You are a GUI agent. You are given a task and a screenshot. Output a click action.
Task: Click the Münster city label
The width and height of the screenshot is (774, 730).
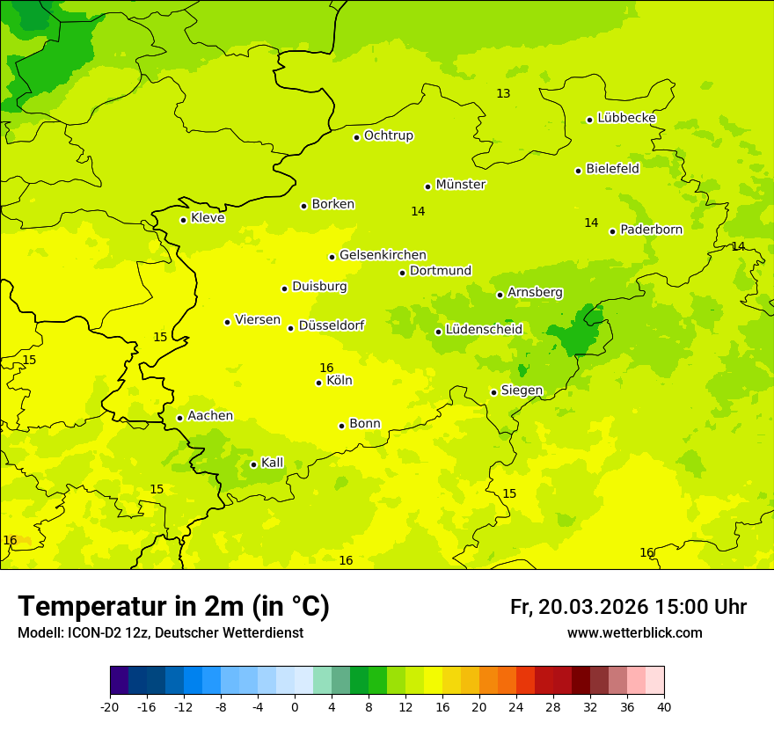point(461,185)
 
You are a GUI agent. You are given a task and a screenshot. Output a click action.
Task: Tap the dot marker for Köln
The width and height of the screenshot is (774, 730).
point(318,383)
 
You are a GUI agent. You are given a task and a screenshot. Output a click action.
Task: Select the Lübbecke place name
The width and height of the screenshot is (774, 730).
point(626,118)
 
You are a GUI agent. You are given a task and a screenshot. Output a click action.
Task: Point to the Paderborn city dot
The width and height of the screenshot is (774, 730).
point(612,231)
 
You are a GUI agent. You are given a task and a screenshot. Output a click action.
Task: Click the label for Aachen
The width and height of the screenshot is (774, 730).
point(210,416)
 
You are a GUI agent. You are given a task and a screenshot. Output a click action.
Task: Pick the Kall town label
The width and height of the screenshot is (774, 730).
point(273,463)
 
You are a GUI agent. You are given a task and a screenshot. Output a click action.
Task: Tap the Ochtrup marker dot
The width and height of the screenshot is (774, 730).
point(356,137)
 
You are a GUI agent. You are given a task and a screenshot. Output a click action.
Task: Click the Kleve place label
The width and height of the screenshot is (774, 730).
point(208,218)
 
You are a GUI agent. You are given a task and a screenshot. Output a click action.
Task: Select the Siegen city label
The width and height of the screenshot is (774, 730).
point(522,391)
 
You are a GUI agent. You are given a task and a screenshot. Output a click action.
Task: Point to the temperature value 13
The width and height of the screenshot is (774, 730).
point(503,94)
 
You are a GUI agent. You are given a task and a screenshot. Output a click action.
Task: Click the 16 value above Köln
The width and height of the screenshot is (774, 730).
point(326,369)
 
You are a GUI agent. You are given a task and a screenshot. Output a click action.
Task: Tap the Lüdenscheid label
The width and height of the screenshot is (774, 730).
point(484,330)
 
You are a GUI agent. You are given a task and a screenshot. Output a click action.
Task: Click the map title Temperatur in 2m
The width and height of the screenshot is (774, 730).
point(173,607)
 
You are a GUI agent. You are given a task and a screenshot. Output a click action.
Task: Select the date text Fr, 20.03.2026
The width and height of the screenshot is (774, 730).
point(579,607)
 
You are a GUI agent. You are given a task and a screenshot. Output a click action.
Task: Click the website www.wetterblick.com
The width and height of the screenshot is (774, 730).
point(634,633)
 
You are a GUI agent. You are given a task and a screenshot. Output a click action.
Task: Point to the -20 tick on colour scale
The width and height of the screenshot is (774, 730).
point(110,706)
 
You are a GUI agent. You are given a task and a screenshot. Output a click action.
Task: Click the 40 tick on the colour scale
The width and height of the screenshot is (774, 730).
point(663,706)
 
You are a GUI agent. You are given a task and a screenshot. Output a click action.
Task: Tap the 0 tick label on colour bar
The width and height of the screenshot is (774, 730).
point(295,706)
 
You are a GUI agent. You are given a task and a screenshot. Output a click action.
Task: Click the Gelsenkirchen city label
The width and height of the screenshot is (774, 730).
point(383,255)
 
